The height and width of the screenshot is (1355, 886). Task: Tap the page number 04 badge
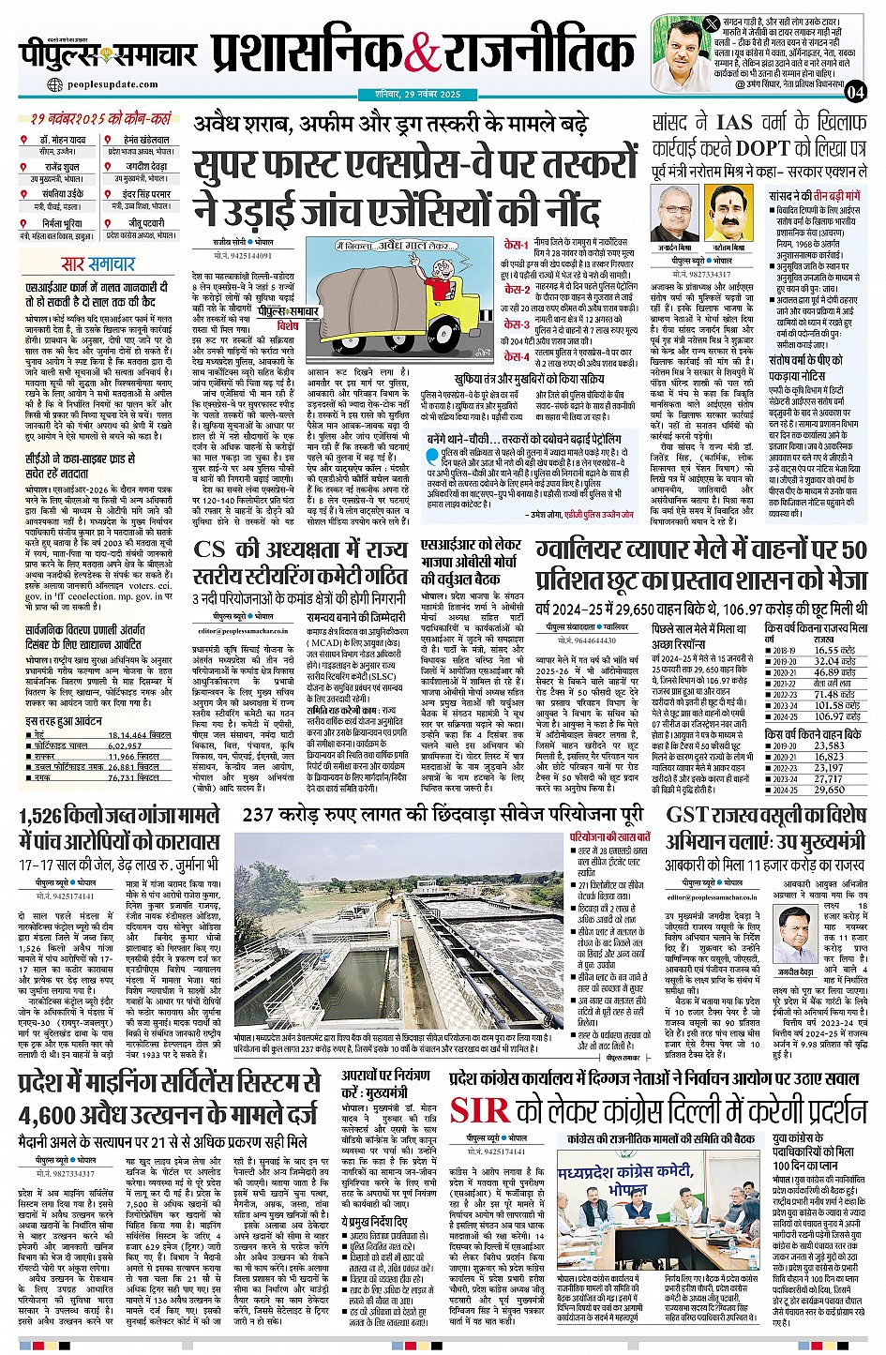pos(854,91)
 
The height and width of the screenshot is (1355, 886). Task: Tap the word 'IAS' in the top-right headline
pos(734,123)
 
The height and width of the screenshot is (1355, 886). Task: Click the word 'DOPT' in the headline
pos(761,147)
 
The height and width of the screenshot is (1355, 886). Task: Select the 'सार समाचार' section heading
pos(98,264)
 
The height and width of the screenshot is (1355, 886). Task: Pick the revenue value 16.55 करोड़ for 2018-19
pos(833,650)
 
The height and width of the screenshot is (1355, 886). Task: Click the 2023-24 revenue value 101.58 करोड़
pos(834,705)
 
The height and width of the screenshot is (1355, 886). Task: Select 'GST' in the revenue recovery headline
pos(691,815)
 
